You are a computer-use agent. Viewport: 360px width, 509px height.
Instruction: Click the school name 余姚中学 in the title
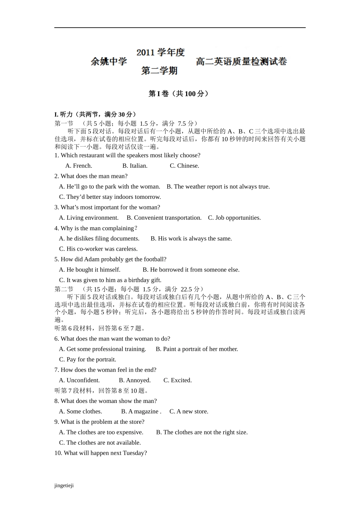coord(109,61)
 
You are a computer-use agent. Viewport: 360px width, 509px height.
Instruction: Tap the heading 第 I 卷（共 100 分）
coord(178,94)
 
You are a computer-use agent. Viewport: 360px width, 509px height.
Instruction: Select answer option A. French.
coord(79,166)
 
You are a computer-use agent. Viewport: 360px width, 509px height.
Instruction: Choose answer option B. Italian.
coord(135,166)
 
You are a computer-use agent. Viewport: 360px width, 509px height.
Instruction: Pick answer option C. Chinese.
coord(184,166)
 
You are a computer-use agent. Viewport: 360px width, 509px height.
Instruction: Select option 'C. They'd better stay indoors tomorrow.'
coord(110,197)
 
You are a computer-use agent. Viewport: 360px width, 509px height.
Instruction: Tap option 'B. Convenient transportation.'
coord(164,218)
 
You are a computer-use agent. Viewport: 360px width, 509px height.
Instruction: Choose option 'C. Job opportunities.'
coord(234,218)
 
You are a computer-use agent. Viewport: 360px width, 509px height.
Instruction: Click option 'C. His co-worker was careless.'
coord(98,249)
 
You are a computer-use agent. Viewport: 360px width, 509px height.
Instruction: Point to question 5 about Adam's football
coord(110,259)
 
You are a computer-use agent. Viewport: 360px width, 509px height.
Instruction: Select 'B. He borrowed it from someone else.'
coord(191,270)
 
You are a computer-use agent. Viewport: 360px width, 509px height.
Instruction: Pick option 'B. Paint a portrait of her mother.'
coord(197,349)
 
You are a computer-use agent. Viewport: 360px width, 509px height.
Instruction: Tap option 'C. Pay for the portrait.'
coord(88,359)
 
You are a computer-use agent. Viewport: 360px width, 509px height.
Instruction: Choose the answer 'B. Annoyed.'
coord(135,380)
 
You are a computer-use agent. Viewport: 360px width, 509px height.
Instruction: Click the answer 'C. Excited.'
coord(177,380)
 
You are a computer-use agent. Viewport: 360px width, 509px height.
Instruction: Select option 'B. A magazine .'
coord(141,411)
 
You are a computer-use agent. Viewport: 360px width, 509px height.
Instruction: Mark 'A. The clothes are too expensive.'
coord(101,432)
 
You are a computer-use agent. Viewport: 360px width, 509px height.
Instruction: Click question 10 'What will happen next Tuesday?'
coord(100,453)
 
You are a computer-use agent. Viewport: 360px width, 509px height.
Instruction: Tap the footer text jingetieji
coord(64,486)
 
